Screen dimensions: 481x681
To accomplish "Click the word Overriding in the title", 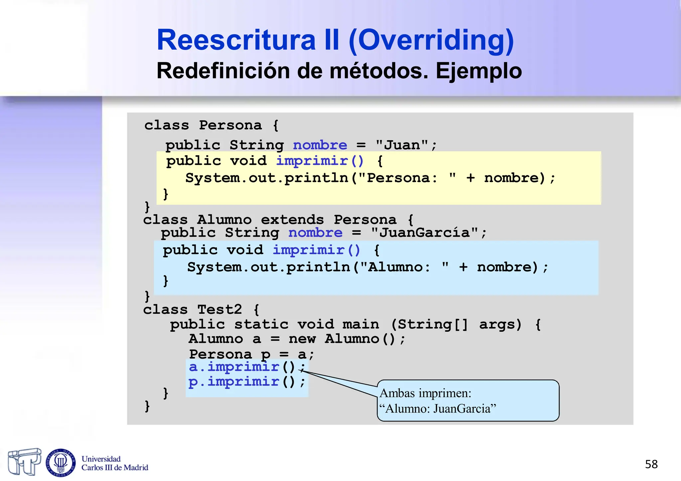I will coord(431,40).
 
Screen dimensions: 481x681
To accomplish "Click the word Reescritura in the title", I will coord(236,40).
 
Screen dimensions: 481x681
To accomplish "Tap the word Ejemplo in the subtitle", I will coord(478,71).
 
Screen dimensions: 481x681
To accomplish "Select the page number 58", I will coord(651,464).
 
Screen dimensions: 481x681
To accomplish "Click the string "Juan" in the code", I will coord(402,145).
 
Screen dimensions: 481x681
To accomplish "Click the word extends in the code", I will coord(292,220).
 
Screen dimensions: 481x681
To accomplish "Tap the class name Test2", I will coord(220,309).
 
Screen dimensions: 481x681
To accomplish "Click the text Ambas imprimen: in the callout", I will coord(425,393).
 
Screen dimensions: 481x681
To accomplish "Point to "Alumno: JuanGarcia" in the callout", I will coord(438,409).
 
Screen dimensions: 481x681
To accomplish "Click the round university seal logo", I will coord(61,462).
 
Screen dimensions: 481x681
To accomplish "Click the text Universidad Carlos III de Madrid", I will coord(114,463).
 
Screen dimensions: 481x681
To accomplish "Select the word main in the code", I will coord(361,324).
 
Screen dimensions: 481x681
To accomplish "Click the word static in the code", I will coord(261,324).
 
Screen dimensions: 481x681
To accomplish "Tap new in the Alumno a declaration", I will coord(302,339).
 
